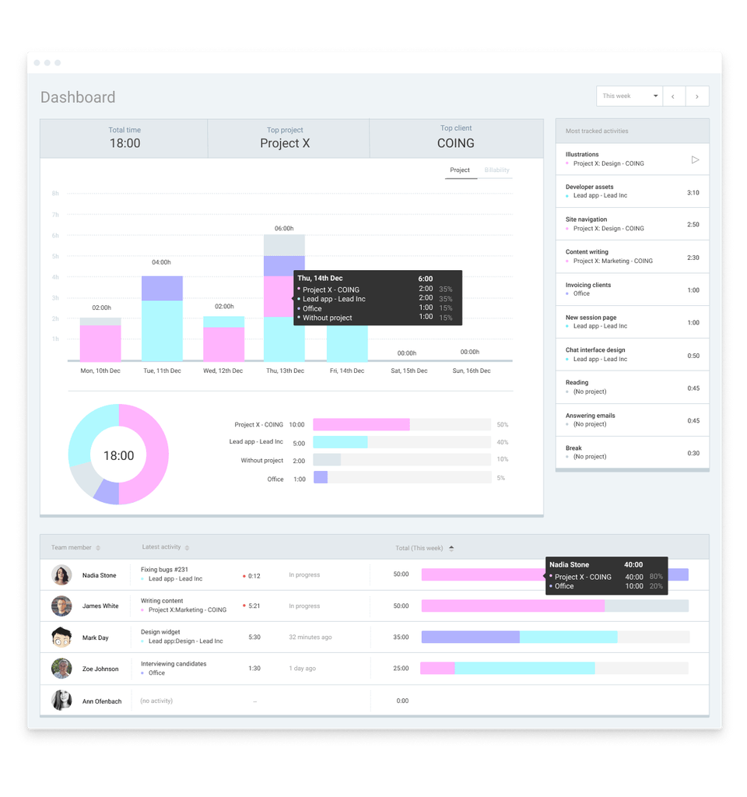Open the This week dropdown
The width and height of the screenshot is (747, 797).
pos(630,96)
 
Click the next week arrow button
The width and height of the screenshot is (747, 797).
pos(696,97)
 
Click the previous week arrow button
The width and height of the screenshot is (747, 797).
pos(673,97)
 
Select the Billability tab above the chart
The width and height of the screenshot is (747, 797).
pos(496,170)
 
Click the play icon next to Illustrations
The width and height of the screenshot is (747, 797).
pos(695,160)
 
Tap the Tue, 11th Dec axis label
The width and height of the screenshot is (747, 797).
pos(162,371)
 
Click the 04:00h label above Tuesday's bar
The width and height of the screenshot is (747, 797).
pos(161,262)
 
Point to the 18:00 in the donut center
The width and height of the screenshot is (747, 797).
pos(118,456)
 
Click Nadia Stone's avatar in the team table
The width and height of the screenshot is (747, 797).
pos(61,575)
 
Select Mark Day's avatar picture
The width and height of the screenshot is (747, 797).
pos(61,637)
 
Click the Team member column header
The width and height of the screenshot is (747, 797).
pos(72,548)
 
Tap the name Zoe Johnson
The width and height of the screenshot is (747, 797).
pos(100,669)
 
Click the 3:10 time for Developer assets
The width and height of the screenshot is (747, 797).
pos(693,192)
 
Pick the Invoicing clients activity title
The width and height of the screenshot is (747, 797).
pos(587,285)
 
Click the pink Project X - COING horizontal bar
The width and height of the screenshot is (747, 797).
pos(361,425)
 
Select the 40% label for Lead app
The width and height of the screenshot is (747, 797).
pos(502,442)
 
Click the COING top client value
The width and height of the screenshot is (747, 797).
pos(455,143)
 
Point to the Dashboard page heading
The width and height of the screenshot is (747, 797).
pos(78,97)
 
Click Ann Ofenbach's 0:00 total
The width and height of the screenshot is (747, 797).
pos(402,701)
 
